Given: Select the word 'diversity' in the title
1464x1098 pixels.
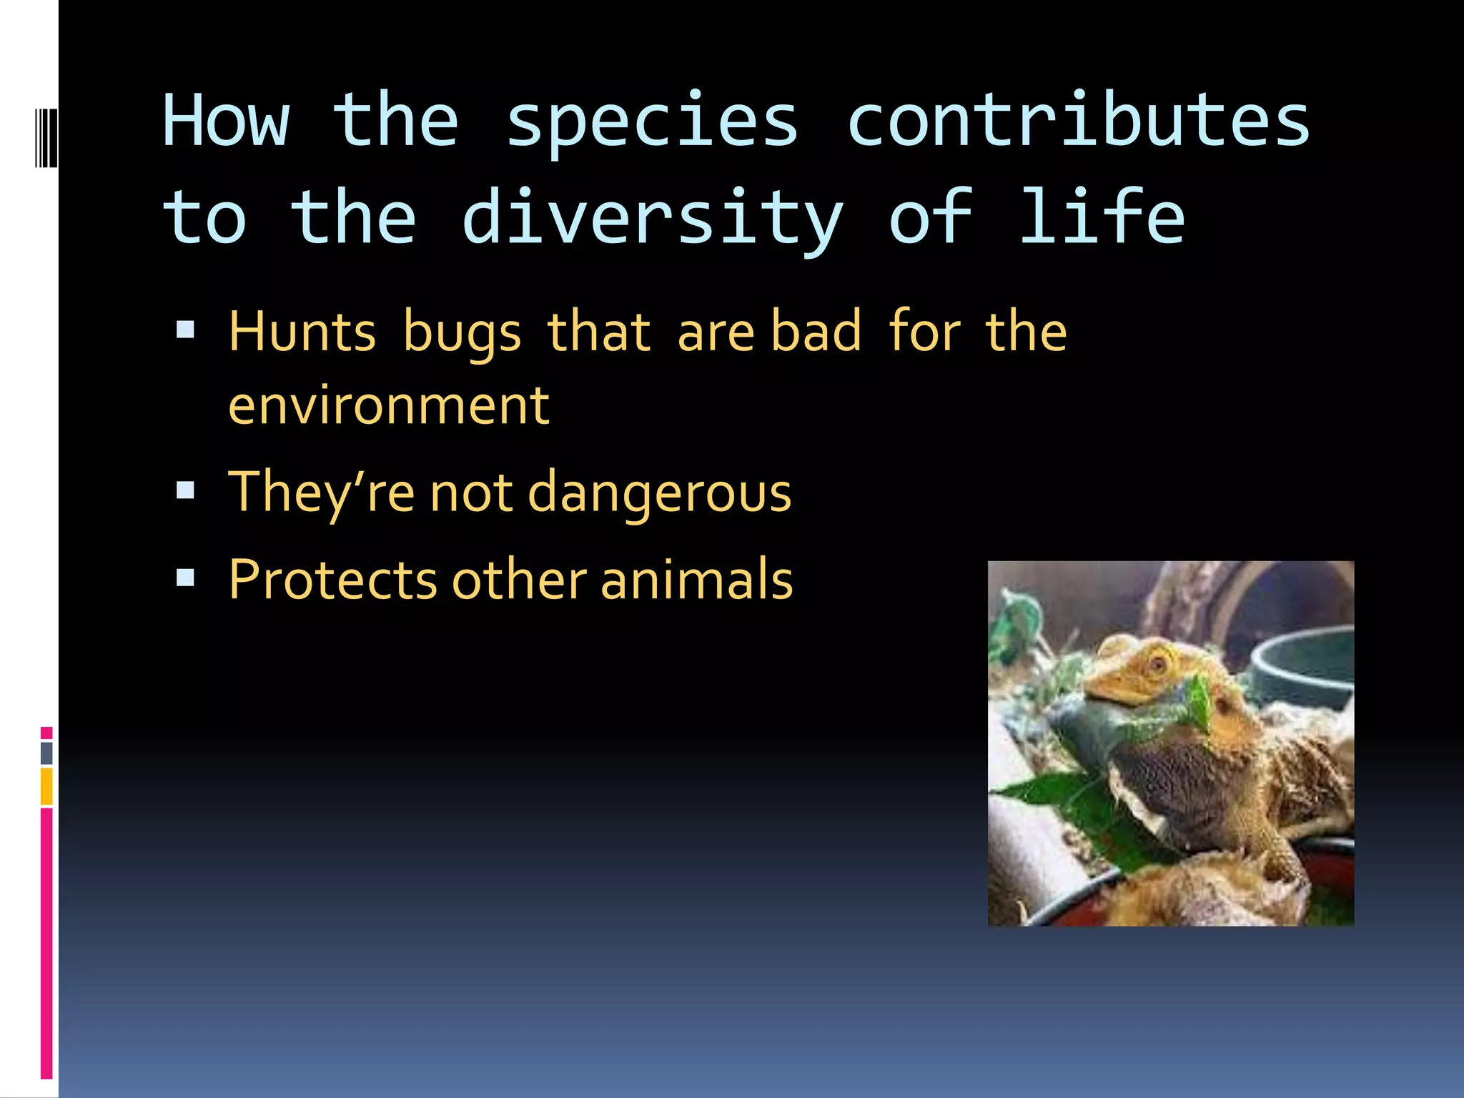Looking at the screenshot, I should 653,218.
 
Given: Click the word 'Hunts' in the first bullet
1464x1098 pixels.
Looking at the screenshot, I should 302,332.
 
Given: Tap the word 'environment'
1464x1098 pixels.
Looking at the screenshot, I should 389,406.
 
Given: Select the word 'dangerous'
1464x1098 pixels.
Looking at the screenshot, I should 659,493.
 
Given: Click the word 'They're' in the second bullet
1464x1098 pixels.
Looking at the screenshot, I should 321,493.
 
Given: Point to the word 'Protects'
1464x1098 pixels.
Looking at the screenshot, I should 332,580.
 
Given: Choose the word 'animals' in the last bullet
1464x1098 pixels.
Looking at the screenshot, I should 696,580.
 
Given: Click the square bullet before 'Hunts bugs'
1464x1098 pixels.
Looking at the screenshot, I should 186,329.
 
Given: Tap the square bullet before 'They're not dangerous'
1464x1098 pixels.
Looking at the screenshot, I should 186,490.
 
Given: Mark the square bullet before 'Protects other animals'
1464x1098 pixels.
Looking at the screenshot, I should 186,578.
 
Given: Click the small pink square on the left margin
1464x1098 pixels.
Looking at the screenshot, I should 46,733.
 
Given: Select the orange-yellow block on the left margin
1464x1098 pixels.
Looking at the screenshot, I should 46,786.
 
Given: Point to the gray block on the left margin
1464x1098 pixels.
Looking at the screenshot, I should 46,753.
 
